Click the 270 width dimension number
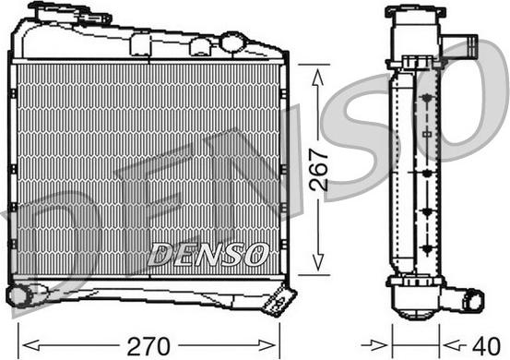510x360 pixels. point(148,346)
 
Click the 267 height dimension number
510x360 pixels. point(319,170)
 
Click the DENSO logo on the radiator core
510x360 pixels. point(208,254)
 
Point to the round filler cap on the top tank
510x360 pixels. point(232,42)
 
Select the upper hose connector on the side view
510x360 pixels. point(460,46)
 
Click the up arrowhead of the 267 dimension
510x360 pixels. point(317,78)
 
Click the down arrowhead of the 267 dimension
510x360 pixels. point(318,262)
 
